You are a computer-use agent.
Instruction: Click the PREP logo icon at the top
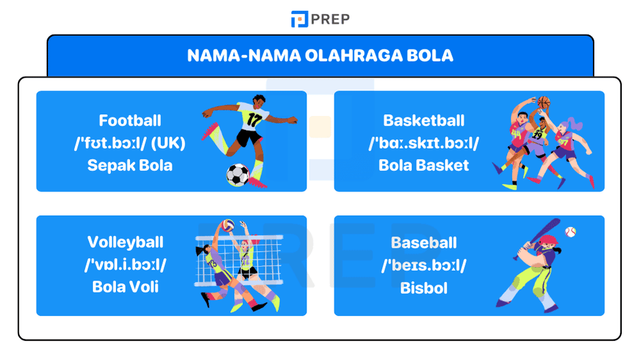pos(299,19)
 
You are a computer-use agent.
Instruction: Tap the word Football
pos(130,120)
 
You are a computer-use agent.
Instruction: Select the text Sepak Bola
pos(130,165)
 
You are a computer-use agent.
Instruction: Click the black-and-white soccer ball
pos(237,175)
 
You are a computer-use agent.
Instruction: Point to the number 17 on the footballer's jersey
pos(254,120)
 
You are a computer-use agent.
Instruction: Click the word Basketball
pos(424,120)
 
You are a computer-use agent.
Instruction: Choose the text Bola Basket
pos(424,165)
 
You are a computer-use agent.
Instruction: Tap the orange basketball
pos(544,102)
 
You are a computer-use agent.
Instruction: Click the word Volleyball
pos(126,242)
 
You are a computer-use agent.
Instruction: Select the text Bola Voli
pos(126,286)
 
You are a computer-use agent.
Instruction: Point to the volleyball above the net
pos(227,226)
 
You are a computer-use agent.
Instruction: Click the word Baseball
pos(424,243)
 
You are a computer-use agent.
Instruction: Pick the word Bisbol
pos(424,288)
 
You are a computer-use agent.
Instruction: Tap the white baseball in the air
pos(570,231)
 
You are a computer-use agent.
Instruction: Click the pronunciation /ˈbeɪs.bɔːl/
pos(424,265)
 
